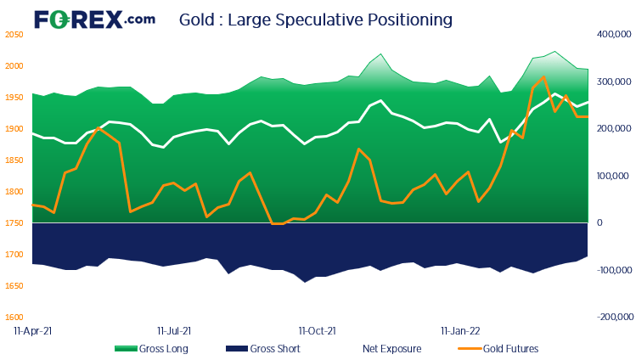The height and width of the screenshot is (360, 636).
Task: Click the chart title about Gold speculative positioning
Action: point(315,19)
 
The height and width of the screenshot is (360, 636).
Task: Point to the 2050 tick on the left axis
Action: point(13,34)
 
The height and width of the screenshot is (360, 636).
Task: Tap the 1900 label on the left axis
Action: point(13,129)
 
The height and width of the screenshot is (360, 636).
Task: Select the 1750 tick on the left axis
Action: point(13,223)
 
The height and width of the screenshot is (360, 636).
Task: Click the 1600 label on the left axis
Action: point(13,317)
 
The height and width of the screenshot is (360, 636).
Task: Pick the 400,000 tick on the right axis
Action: point(613,35)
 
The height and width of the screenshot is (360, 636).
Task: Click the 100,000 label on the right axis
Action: point(613,176)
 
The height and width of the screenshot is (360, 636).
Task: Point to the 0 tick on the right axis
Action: point(599,222)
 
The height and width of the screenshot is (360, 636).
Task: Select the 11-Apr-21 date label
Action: point(32,330)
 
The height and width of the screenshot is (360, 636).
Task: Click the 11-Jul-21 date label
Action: point(174,330)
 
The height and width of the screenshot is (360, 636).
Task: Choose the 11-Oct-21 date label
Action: point(318,330)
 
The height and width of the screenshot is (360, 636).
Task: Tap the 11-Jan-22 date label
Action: point(459,330)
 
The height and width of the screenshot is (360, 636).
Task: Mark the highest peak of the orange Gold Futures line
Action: point(543,77)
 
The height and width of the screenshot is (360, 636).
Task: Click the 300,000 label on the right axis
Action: point(613,82)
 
